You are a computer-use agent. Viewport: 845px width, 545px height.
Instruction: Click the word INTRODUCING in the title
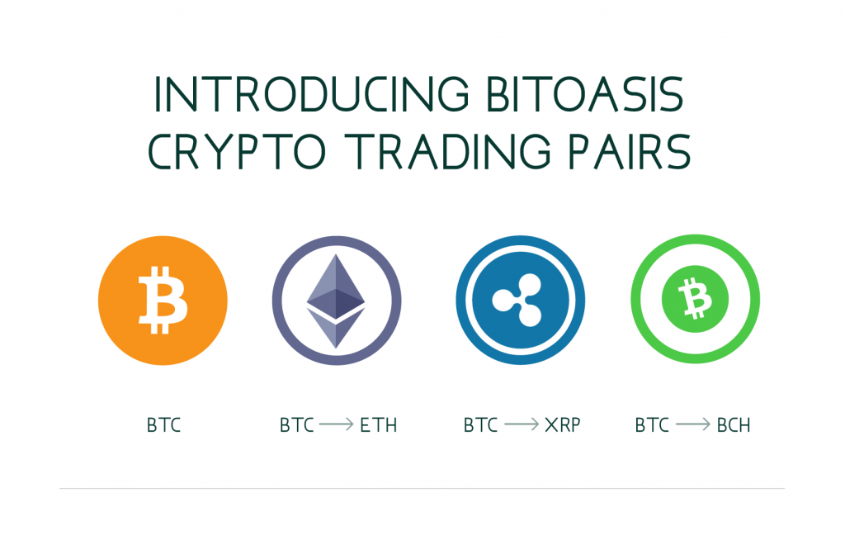[311, 94]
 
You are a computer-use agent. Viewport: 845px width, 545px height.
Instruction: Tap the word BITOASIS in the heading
[585, 94]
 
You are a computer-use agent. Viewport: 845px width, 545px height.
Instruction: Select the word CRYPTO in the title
[237, 151]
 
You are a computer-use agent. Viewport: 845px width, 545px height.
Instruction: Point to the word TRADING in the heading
[447, 151]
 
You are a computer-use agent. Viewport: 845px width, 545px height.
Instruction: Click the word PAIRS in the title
[630, 151]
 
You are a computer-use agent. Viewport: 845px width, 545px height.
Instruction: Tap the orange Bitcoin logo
[163, 301]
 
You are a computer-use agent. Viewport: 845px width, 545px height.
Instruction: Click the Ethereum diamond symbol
[336, 301]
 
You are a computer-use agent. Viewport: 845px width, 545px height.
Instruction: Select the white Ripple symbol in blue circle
[517, 300]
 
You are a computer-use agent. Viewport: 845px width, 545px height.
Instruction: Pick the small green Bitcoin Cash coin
[695, 299]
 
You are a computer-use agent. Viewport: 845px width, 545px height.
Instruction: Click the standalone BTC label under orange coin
[164, 425]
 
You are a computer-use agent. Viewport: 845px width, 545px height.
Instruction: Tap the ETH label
[378, 425]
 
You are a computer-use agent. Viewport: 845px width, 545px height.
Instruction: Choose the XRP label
[563, 425]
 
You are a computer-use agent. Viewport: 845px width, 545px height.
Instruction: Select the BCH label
[734, 425]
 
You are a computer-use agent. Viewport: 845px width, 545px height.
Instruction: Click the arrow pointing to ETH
[337, 424]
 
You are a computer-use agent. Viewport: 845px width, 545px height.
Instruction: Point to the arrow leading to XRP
[522, 424]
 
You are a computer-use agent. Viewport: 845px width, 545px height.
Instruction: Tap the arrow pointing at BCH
[693, 424]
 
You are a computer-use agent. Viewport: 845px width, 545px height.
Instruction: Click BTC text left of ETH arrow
[296, 425]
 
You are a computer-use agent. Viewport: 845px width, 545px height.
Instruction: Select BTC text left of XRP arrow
[481, 425]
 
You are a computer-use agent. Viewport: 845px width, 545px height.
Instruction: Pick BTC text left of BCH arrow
[652, 425]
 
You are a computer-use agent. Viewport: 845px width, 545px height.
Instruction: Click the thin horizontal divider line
[422, 488]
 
